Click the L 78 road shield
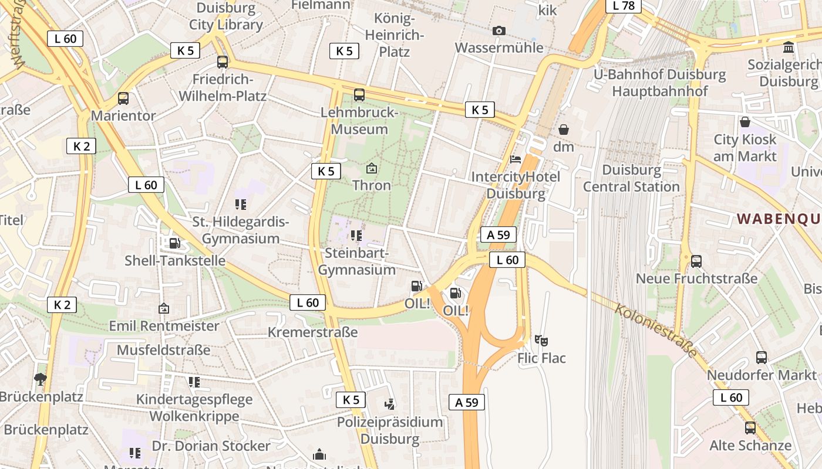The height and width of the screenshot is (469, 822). [624, 5]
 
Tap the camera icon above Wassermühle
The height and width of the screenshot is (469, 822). [498, 30]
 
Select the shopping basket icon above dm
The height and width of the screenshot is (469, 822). [564, 129]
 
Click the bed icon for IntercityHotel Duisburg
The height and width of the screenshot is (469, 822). [516, 159]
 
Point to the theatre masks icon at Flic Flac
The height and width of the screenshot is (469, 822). [541, 340]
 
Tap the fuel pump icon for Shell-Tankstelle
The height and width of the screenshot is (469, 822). [174, 243]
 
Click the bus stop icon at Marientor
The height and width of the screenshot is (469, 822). [123, 98]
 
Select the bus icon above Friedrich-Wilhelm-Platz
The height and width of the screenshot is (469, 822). [223, 62]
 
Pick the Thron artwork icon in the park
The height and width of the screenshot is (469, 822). [372, 169]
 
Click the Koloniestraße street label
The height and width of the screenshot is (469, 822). [656, 330]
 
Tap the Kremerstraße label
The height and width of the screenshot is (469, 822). [312, 332]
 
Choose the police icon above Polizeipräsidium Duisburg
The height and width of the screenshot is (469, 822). [389, 404]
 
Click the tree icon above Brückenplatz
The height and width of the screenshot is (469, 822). [40, 379]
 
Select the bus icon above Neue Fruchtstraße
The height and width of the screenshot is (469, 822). [696, 261]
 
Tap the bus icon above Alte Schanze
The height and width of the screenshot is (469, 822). [750, 427]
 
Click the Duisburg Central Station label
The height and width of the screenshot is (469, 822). [631, 178]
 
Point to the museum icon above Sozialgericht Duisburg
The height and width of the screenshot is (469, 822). [789, 47]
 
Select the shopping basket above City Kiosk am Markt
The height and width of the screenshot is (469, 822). [745, 122]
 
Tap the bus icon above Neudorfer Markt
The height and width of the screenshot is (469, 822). [762, 357]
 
